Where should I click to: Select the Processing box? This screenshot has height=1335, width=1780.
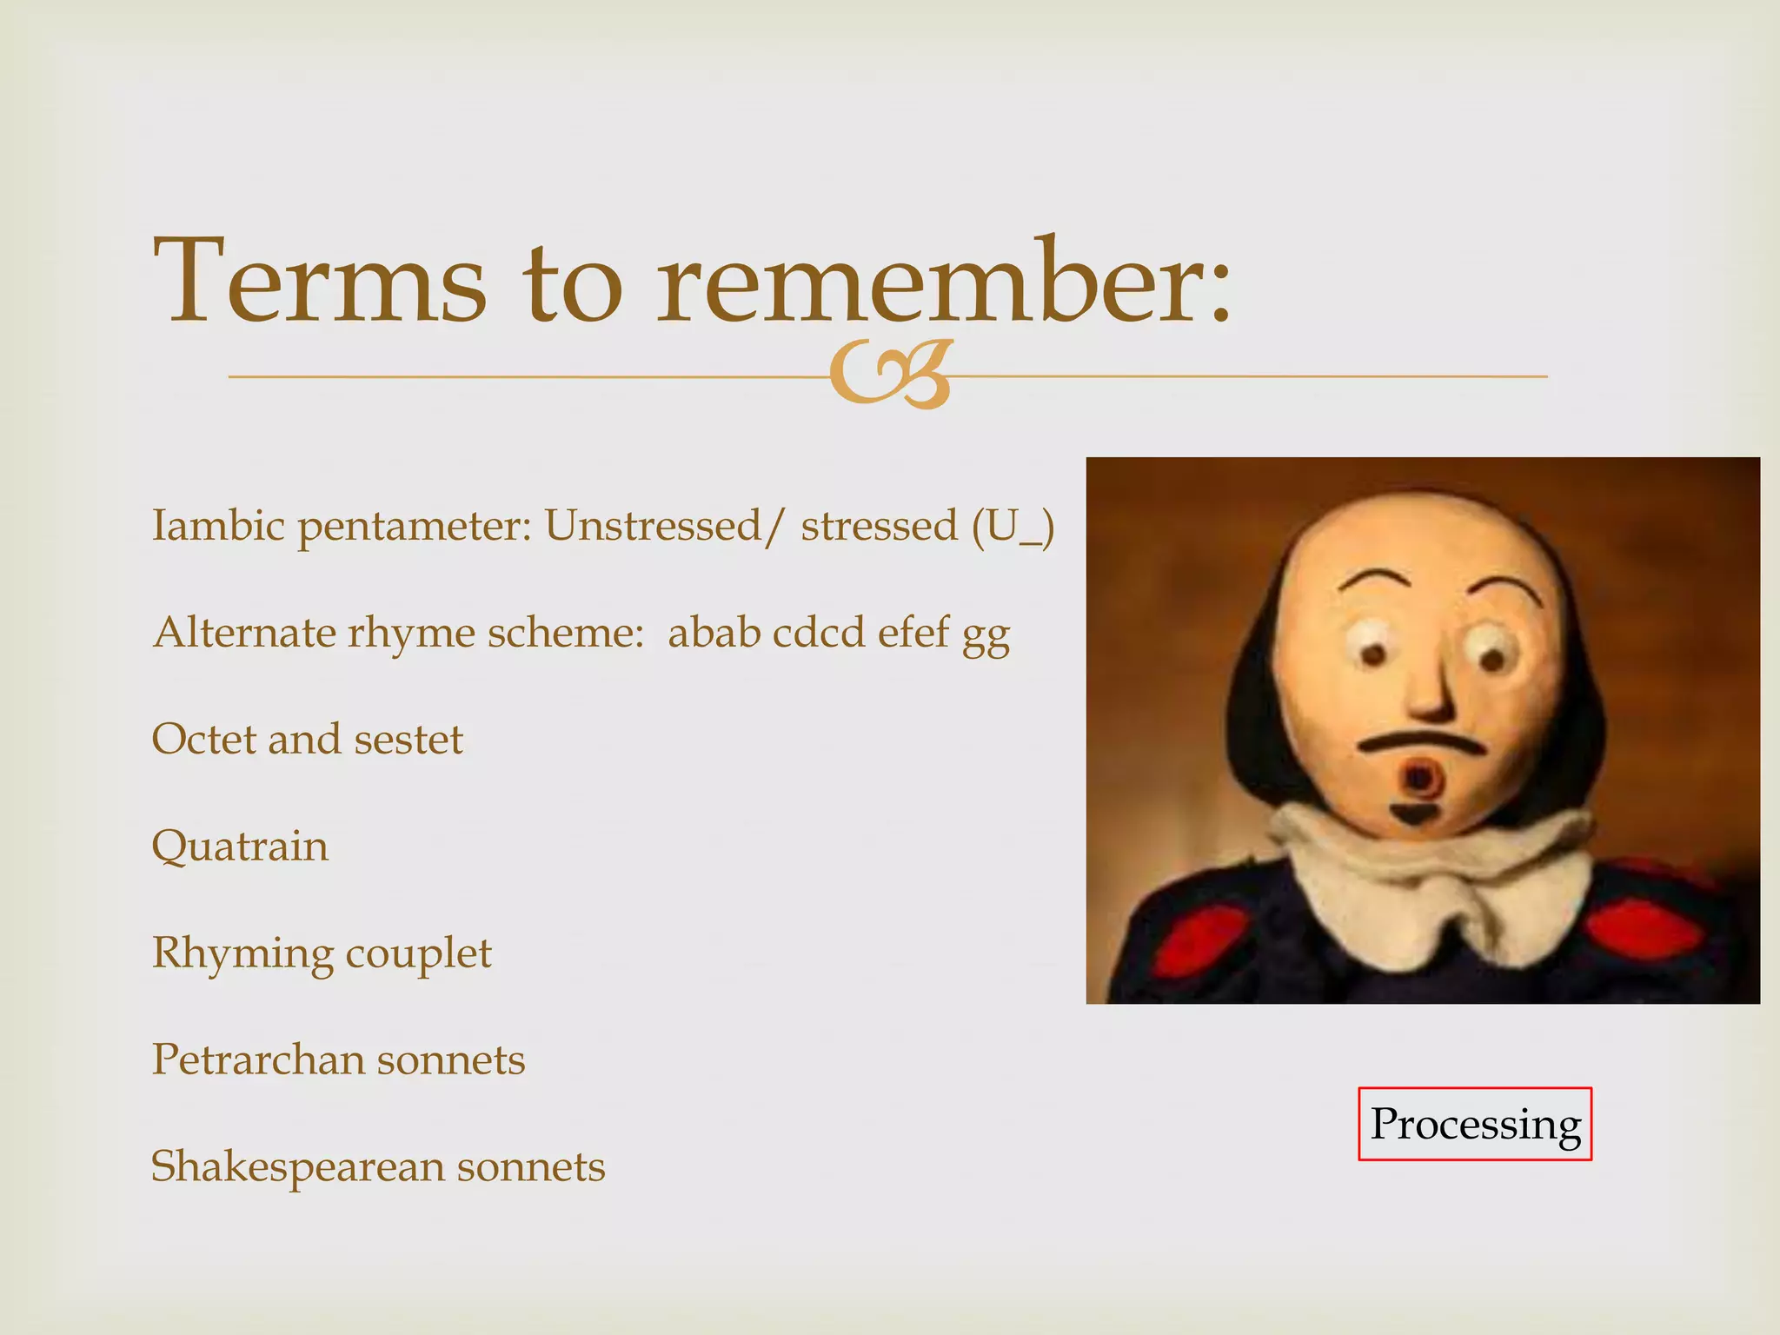click(1475, 1124)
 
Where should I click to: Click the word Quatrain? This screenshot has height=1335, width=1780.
click(240, 847)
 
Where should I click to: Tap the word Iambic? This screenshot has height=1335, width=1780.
click(217, 525)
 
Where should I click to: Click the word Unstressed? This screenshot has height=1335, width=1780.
click(652, 525)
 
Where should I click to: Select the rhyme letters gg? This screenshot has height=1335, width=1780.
click(986, 634)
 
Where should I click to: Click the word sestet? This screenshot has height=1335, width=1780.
click(408, 740)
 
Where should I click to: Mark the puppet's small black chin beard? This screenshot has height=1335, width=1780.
click(1415, 814)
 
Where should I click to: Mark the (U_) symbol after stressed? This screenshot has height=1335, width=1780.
click(1013, 527)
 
